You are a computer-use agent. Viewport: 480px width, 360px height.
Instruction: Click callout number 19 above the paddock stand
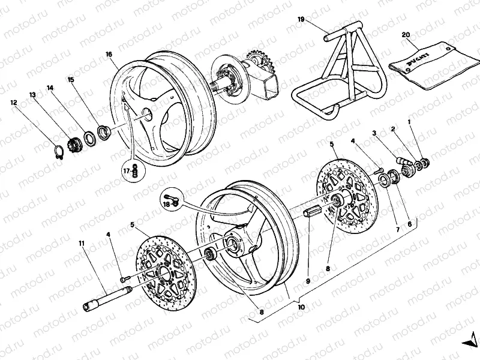click(301, 20)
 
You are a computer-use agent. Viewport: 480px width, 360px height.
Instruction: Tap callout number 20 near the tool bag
click(406, 35)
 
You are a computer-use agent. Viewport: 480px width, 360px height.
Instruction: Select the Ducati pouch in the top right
click(427, 65)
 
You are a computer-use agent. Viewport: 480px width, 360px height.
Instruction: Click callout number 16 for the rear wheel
click(109, 54)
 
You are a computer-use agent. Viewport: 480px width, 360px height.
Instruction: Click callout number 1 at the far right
click(410, 122)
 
